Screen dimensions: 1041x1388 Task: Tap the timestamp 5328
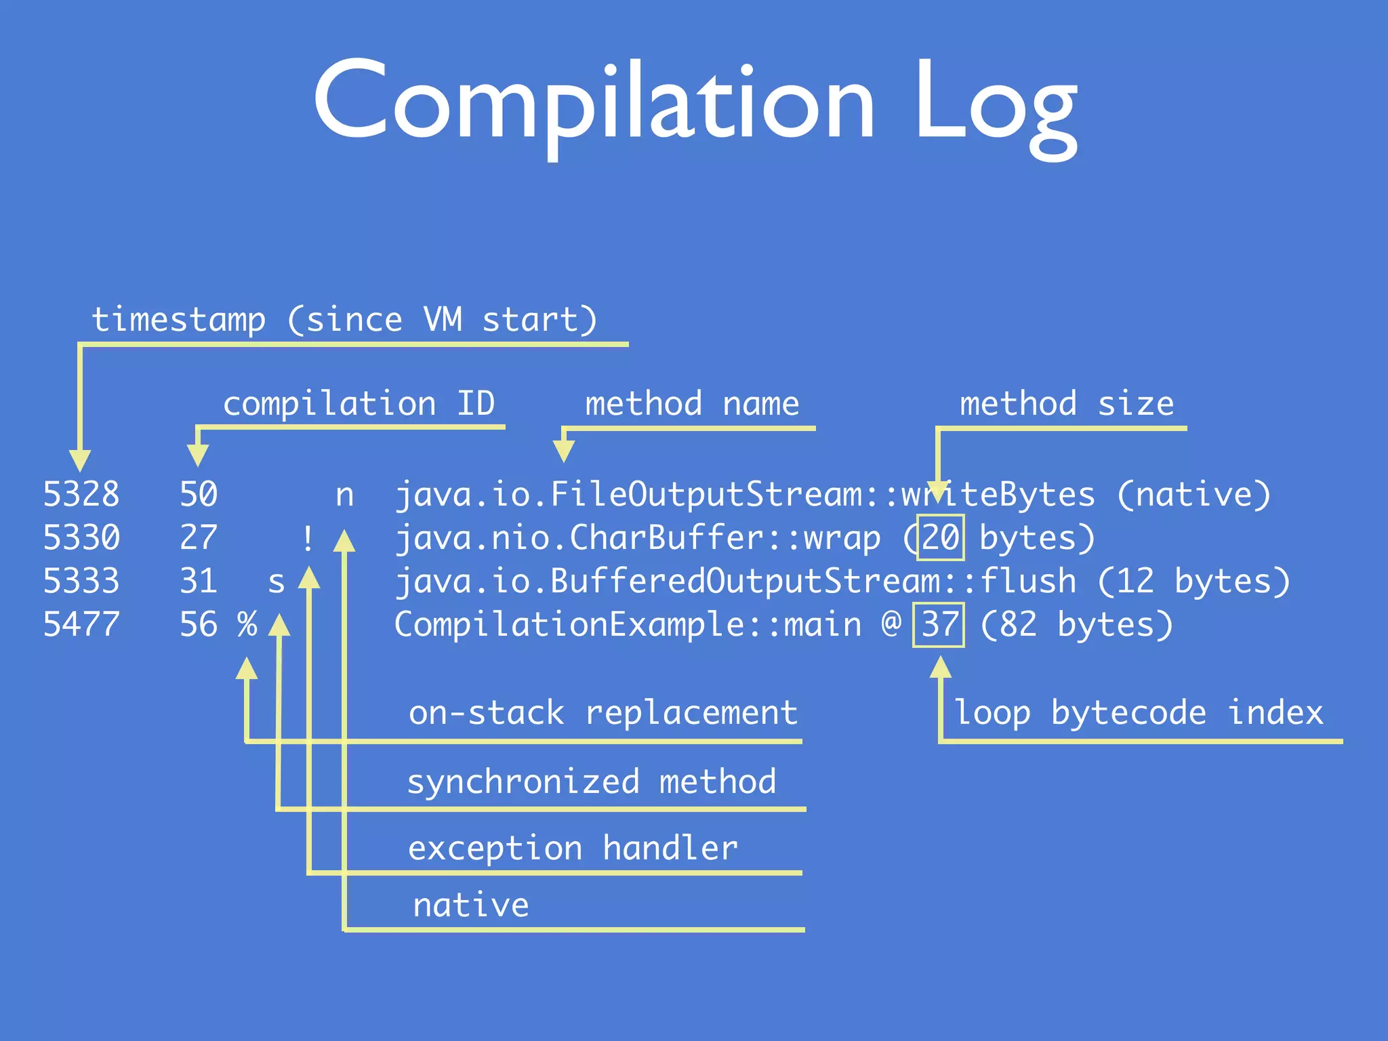click(81, 494)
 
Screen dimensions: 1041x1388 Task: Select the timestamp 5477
click(81, 624)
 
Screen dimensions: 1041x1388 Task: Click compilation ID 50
click(199, 494)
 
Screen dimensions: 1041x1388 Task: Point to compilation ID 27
click(199, 537)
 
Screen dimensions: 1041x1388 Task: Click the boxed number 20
click(940, 537)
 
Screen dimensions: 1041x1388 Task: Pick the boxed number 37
click(939, 624)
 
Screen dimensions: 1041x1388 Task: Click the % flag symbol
click(247, 624)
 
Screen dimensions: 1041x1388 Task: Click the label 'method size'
click(1067, 404)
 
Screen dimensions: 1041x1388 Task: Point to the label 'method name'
click(692, 404)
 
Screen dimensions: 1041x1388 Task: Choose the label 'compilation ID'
click(359, 404)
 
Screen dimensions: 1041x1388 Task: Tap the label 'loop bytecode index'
click(1139, 712)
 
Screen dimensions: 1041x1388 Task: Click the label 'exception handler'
click(573, 848)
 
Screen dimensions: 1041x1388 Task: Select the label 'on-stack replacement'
click(603, 712)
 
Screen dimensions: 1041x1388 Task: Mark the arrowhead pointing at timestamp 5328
click(80, 460)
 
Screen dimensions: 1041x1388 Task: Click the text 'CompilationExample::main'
click(628, 624)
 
